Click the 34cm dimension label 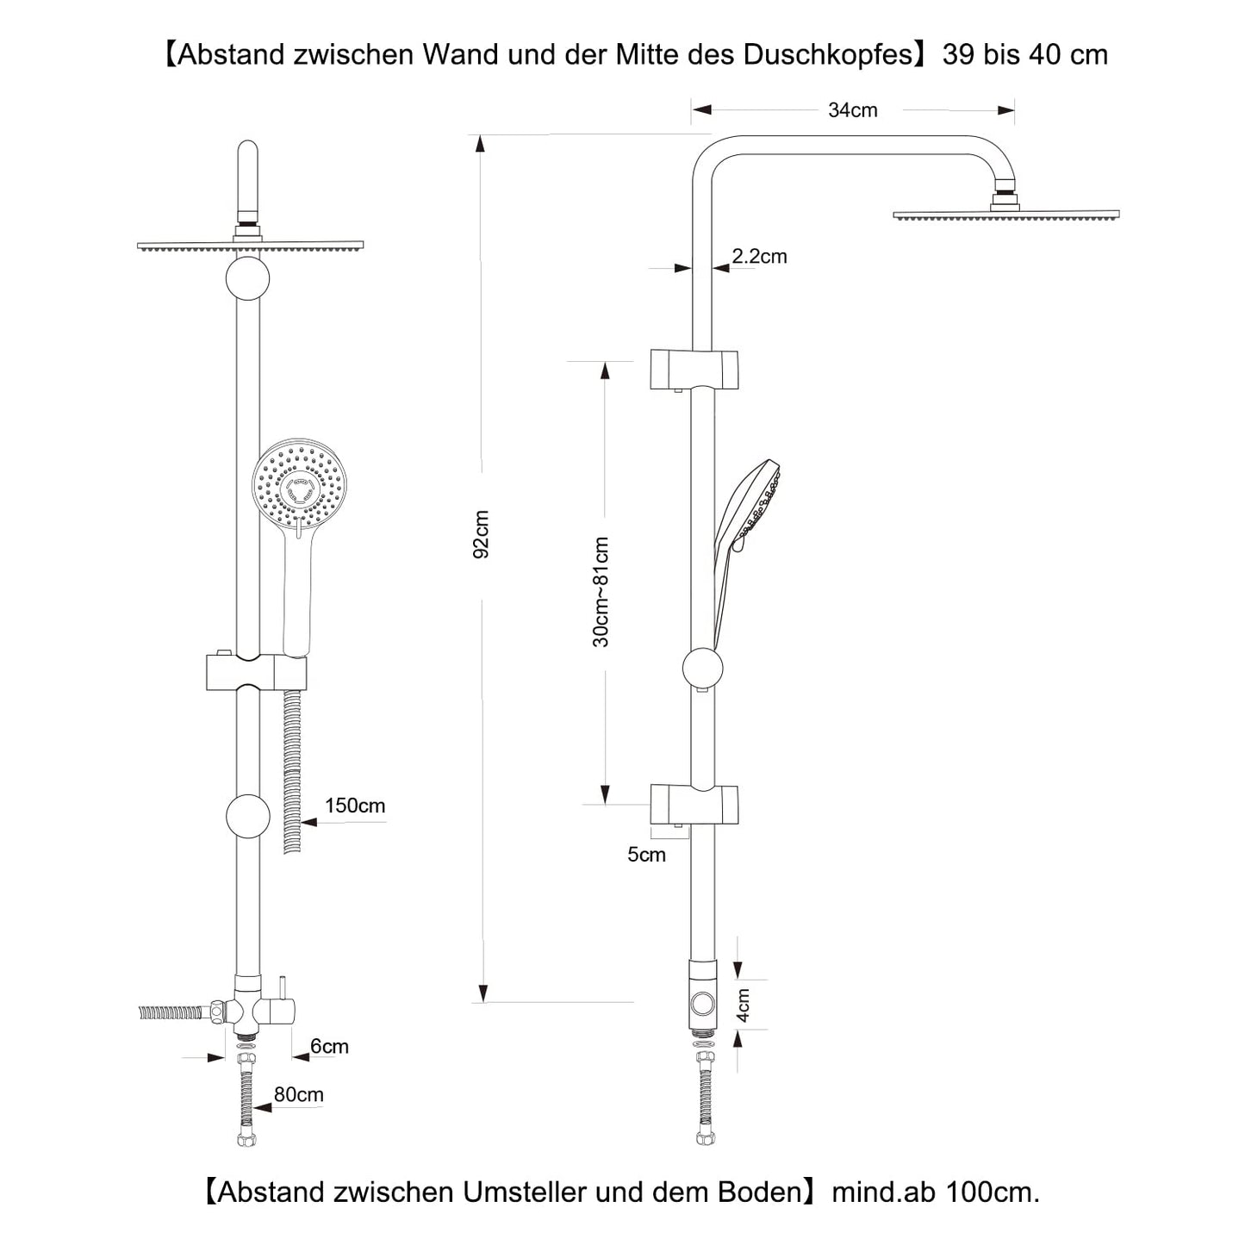coord(852,110)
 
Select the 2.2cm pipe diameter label coord(759,256)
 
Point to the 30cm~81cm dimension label coord(601,592)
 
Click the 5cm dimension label coord(646,855)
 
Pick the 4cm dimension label coord(743,1005)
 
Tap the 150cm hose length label coord(354,806)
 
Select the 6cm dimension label coord(329,1046)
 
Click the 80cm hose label coord(298,1094)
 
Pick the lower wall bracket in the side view coord(694,804)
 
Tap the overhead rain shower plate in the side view coord(1005,215)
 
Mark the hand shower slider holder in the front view coord(255,672)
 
